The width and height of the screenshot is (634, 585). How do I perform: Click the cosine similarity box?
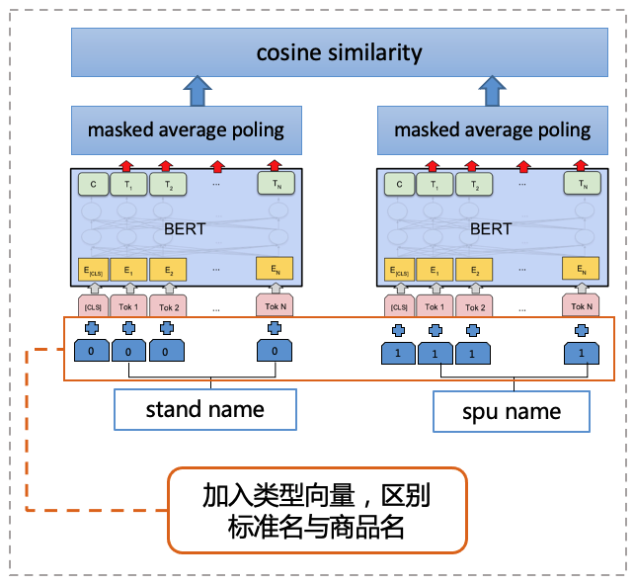339,52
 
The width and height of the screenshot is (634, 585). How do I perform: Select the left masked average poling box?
186,129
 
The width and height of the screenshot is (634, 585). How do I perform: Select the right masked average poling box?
492,129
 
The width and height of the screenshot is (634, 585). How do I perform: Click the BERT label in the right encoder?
491,228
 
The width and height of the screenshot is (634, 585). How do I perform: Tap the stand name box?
205,409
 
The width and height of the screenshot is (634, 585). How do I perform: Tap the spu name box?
512,411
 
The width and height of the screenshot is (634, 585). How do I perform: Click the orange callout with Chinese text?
316,510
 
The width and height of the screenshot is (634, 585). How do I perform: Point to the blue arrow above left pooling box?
199,91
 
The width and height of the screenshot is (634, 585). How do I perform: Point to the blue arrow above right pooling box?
492,91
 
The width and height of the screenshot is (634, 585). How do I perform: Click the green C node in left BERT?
93,183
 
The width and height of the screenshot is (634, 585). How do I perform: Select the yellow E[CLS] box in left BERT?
93,270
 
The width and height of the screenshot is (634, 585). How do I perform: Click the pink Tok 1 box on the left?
128,305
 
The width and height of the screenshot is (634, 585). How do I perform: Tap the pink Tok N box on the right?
582,305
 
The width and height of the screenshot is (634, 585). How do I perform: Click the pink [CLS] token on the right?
399,305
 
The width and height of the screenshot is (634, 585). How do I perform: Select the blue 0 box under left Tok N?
275,350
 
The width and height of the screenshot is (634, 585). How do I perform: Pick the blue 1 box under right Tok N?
582,352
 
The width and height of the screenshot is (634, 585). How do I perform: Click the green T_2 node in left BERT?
169,183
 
